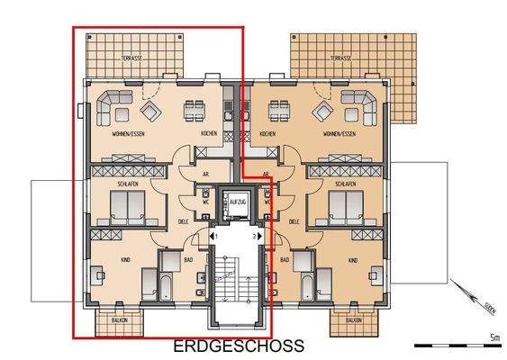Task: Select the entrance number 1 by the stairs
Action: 213,236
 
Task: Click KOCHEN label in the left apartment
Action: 209,134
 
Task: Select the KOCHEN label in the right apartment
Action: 267,134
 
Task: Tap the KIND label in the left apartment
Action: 125,260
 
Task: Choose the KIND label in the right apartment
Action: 351,260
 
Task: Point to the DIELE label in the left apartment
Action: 183,220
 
